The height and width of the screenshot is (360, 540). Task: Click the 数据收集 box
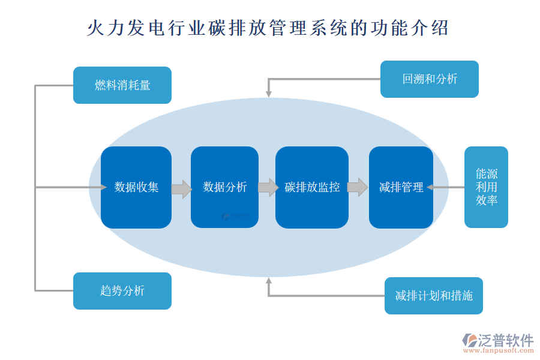[x=136, y=187]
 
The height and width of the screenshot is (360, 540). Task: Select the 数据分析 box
[x=224, y=187]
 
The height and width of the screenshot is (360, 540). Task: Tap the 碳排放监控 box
[x=312, y=187]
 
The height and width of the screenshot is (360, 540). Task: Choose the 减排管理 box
[x=401, y=187]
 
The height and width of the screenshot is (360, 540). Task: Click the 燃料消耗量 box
[x=122, y=85]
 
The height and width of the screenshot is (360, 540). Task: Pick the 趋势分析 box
[x=122, y=291]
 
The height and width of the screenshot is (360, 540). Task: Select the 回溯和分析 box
[x=430, y=79]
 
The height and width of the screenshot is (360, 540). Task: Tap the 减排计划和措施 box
[x=434, y=296]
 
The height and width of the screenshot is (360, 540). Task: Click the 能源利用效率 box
[x=486, y=187]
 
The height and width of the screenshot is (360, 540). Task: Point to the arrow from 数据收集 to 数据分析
[x=181, y=189]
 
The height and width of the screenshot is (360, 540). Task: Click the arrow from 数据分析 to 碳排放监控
[x=268, y=188]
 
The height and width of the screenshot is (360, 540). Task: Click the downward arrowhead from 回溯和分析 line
[x=269, y=94]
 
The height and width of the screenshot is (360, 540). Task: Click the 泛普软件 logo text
[x=505, y=340]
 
